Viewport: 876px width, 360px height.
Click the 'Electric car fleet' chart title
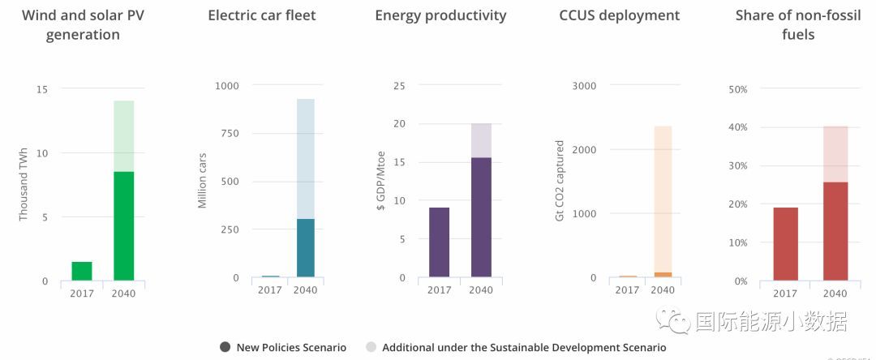pyautogui.click(x=261, y=15)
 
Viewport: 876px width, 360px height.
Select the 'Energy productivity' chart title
pyautogui.click(x=440, y=15)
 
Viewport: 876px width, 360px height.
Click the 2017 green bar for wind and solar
pyautogui.click(x=81, y=272)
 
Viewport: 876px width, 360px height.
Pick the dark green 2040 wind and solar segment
pyautogui.click(x=124, y=226)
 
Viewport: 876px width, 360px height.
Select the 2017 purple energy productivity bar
pyautogui.click(x=439, y=242)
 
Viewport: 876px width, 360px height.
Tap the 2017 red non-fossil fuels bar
pyautogui.click(x=785, y=244)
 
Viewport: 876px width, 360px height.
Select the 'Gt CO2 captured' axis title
pyautogui.click(x=560, y=182)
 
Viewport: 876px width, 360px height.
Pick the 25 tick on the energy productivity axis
pyautogui.click(x=399, y=86)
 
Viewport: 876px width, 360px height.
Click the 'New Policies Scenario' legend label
pyautogui.click(x=291, y=347)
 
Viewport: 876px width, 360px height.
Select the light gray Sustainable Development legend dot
pyautogui.click(x=371, y=347)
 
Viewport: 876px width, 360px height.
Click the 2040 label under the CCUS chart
pyautogui.click(x=663, y=290)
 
